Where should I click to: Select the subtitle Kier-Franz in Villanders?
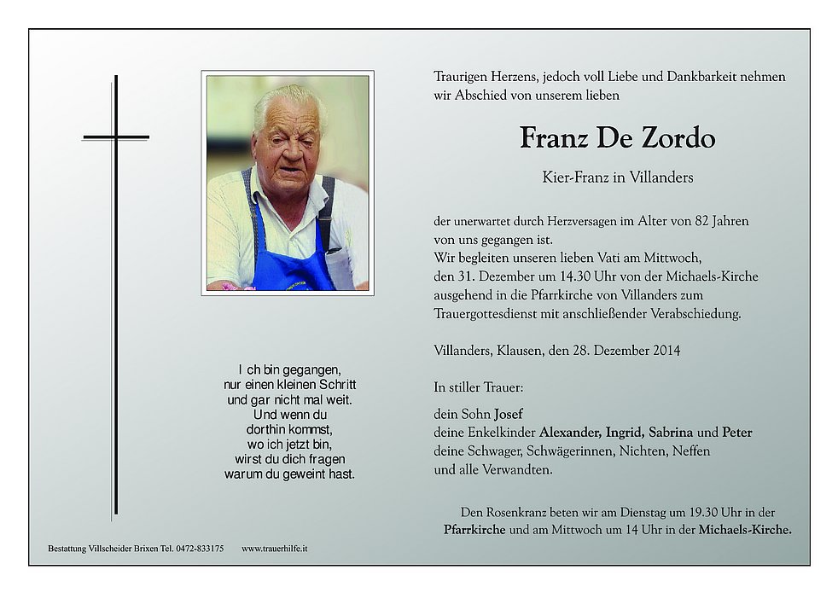[605, 178]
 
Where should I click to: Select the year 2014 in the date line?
[664, 350]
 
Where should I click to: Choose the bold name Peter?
[737, 433]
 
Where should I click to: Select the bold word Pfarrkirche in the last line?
[475, 530]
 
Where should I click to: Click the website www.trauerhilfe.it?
[274, 549]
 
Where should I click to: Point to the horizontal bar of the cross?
[116, 137]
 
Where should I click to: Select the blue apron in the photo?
[291, 260]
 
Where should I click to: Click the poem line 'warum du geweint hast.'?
[289, 474]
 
